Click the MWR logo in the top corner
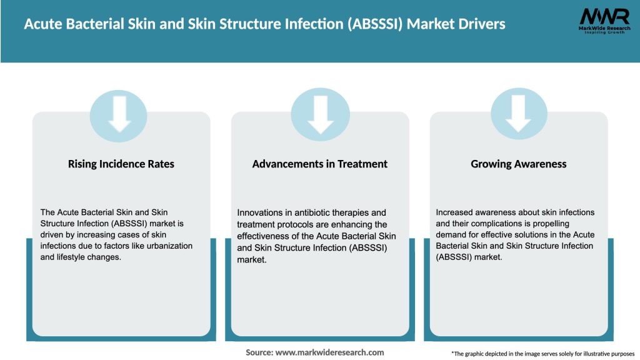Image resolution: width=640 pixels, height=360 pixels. [603, 22]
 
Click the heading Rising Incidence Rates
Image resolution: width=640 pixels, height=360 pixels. [121, 164]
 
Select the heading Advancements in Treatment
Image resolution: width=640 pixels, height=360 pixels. [319, 164]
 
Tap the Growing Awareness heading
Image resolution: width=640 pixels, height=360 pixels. [518, 164]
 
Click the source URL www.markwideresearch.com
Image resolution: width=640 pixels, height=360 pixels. [329, 352]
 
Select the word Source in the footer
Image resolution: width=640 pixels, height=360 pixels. [259, 352]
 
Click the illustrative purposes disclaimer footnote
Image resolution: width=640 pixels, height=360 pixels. [542, 354]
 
